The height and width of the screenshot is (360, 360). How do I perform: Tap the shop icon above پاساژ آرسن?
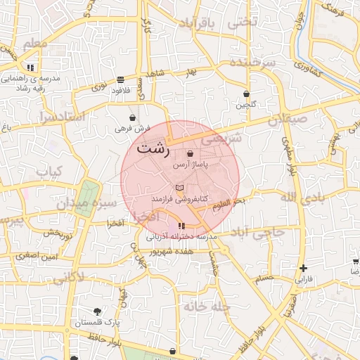point(191,154)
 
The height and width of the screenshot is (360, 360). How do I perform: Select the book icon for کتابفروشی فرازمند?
point(179,188)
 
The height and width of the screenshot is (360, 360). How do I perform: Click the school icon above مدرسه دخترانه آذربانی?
point(182,226)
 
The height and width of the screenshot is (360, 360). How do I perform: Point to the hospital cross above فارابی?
point(303,268)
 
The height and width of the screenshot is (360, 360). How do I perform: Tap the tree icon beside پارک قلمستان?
point(97,311)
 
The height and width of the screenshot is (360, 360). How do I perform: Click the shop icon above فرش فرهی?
point(133,117)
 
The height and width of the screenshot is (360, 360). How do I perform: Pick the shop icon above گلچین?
point(246,94)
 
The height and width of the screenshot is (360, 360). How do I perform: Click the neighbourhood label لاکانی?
point(68,277)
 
